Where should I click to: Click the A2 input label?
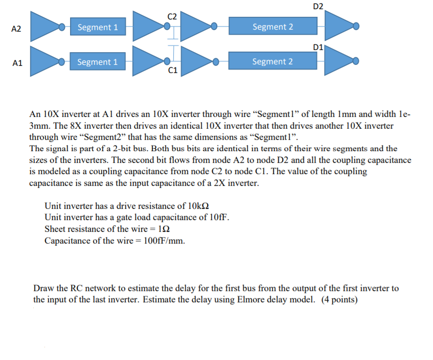click(16, 29)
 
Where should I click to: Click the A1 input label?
click(17, 63)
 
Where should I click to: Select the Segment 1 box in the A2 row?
click(98, 27)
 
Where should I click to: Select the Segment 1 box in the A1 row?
click(97, 62)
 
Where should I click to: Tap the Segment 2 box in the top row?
click(272, 27)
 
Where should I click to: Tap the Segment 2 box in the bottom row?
click(272, 62)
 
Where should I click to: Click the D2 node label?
click(317, 6)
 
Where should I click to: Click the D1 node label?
click(317, 47)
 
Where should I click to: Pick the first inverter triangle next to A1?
click(45, 61)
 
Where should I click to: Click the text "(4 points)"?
click(339, 299)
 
